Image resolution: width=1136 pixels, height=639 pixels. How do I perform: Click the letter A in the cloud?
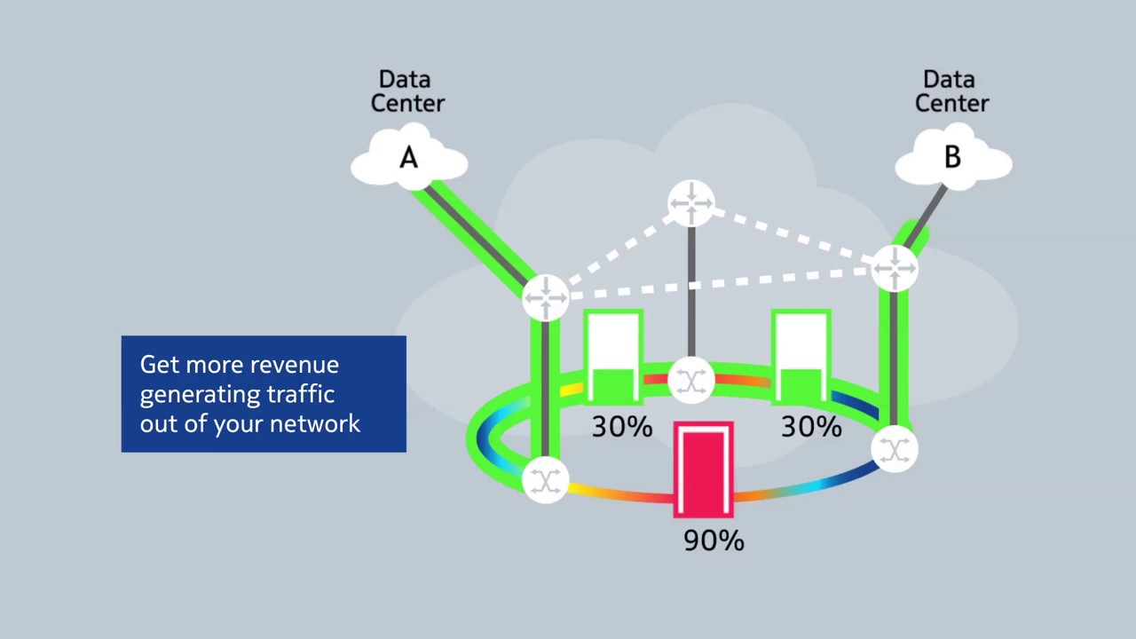pyautogui.click(x=408, y=159)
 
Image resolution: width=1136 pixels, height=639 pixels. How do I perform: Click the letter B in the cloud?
pyautogui.click(x=952, y=158)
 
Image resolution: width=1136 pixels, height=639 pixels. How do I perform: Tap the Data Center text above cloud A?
pyautogui.click(x=406, y=91)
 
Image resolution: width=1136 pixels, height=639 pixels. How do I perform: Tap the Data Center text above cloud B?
pyautogui.click(x=951, y=91)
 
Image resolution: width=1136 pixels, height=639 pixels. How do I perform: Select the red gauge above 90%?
pyautogui.click(x=704, y=469)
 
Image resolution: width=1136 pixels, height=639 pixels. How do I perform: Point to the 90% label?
pyautogui.click(x=714, y=540)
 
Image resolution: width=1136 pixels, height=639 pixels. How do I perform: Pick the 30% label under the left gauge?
pyautogui.click(x=621, y=427)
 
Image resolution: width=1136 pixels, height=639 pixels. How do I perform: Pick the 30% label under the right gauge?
pyautogui.click(x=811, y=427)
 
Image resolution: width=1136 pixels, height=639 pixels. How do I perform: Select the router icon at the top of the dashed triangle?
pyautogui.click(x=691, y=204)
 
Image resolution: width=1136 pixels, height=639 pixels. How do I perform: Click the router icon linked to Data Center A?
pyautogui.click(x=546, y=296)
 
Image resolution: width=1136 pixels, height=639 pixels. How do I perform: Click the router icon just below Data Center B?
pyautogui.click(x=895, y=267)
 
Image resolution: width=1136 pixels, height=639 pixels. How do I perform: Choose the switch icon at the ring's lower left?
pyautogui.click(x=545, y=480)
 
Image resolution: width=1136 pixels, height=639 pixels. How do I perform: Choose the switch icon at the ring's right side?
pyautogui.click(x=895, y=450)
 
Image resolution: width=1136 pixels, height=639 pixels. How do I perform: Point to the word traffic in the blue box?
pyautogui.click(x=298, y=394)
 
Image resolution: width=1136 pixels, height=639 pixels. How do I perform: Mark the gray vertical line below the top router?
pyautogui.click(x=691, y=293)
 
